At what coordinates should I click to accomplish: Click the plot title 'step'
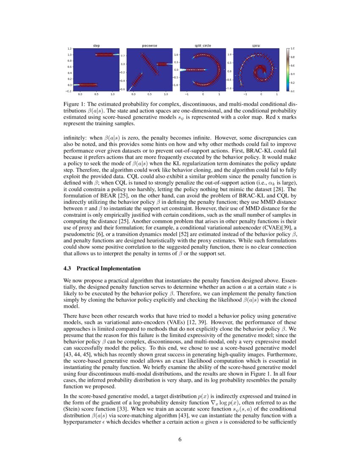click(x=96, y=45)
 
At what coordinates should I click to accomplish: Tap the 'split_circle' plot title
click(x=203, y=45)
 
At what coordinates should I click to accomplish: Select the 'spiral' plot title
click(x=256, y=45)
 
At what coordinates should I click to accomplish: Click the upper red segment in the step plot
click(x=104, y=55)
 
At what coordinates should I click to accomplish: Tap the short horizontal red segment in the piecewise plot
click(x=163, y=64)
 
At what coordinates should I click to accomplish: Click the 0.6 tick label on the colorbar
click(x=293, y=66)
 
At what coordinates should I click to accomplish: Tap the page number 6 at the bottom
click(x=180, y=439)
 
